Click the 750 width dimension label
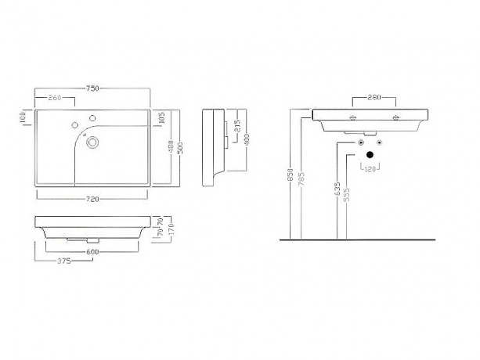(x=94, y=89)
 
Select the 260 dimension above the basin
(x=56, y=98)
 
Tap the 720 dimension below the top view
(x=94, y=200)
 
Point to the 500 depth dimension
(x=181, y=148)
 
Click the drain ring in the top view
(x=94, y=142)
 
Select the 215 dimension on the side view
(x=236, y=124)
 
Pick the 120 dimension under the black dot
(x=370, y=169)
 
